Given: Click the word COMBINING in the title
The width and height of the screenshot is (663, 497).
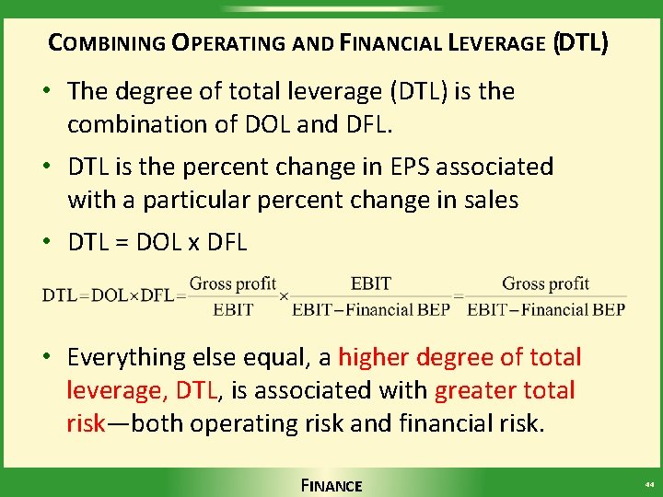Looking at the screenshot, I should [105, 42].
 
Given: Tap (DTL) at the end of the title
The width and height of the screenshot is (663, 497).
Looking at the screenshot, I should [579, 42].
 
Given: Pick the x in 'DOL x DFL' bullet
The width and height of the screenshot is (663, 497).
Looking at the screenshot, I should [194, 243].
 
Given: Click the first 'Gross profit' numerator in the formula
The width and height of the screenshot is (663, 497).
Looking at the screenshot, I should [233, 283].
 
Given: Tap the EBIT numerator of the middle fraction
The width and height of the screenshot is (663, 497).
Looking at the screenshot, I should [371, 283].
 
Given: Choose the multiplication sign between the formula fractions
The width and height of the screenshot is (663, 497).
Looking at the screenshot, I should [284, 296].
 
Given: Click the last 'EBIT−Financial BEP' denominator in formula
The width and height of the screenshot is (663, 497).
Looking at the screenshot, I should [546, 310].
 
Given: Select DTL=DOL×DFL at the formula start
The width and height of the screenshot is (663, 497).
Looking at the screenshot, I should [108, 296].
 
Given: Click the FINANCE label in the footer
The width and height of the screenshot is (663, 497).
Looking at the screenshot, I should [331, 485].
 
